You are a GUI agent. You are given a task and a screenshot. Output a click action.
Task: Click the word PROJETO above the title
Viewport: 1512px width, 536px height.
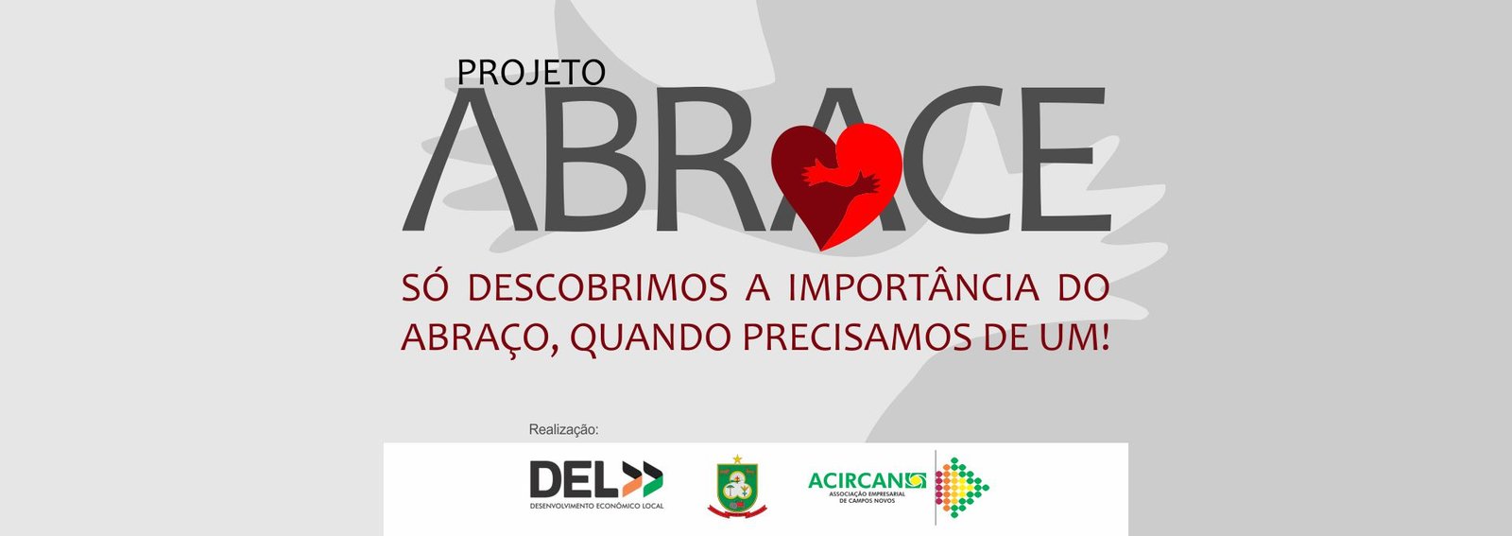pos(531,72)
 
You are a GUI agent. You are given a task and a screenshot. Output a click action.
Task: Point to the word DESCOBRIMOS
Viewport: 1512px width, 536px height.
pos(597,288)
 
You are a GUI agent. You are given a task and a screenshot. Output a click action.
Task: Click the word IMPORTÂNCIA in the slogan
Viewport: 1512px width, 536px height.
pos(914,286)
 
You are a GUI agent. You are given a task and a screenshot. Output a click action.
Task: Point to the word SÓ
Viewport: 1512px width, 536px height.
pos(424,286)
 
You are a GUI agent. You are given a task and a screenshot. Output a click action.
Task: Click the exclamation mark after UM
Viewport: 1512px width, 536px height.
pos(1105,337)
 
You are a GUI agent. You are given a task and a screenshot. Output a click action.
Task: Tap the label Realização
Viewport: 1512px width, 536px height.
pos(563,429)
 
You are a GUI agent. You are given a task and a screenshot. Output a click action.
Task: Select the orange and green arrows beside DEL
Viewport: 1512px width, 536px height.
pos(643,479)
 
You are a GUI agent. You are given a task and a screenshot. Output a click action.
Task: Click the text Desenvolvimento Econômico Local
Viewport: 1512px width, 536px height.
pos(596,506)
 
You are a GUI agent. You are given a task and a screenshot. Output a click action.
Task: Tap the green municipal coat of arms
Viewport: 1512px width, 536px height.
pos(737,489)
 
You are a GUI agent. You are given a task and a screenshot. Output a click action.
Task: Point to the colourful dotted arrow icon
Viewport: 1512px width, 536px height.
pos(962,488)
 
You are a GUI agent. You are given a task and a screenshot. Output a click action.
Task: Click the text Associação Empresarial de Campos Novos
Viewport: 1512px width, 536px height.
pos(868,497)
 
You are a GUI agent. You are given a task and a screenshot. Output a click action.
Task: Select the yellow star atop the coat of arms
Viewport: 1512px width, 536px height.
pos(737,459)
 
